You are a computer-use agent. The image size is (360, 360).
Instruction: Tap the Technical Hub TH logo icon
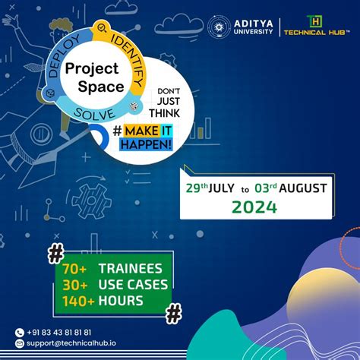click(x=312, y=21)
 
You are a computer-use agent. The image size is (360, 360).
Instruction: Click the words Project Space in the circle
click(x=94, y=77)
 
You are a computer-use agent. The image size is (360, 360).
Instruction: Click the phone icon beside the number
click(x=20, y=332)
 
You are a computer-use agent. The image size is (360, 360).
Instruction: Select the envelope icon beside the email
click(x=20, y=343)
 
